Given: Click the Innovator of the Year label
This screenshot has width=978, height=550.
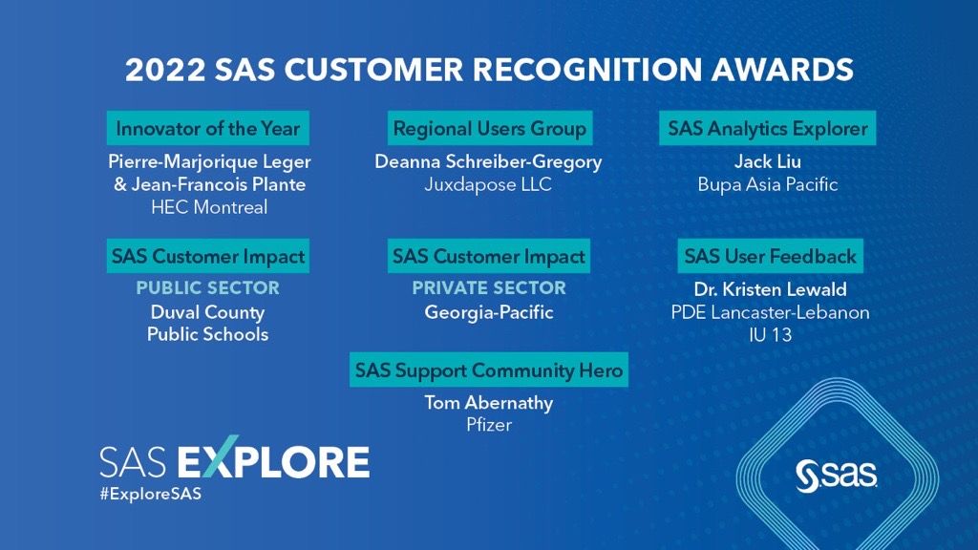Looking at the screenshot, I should tap(207, 128).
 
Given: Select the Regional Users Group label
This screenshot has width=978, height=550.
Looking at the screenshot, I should tap(489, 128).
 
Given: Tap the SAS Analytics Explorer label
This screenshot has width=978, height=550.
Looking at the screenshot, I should tap(768, 128).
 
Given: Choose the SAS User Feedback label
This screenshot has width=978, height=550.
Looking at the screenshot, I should tap(770, 256).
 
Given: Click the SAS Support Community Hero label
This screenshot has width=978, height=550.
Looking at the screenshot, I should tap(489, 370).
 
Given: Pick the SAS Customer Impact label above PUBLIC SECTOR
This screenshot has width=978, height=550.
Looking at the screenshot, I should tap(207, 256).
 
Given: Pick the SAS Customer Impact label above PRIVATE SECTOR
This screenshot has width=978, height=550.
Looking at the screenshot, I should tap(489, 256).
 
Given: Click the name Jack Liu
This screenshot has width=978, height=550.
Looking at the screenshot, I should tap(767, 161).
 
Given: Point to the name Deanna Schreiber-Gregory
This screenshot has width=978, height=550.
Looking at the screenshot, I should tap(488, 161).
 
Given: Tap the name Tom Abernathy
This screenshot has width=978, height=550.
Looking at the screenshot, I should tap(488, 403).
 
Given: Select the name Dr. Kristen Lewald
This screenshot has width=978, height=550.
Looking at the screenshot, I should tap(770, 289).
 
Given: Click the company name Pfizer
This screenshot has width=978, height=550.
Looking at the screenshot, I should tap(488, 425).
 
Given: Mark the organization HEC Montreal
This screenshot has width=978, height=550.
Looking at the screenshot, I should tap(208, 207).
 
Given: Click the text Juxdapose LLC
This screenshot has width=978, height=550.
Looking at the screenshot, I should tap(488, 184).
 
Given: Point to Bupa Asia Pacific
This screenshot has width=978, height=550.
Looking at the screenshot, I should tap(767, 184).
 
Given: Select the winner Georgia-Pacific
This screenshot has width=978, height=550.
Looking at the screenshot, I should tap(488, 312).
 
